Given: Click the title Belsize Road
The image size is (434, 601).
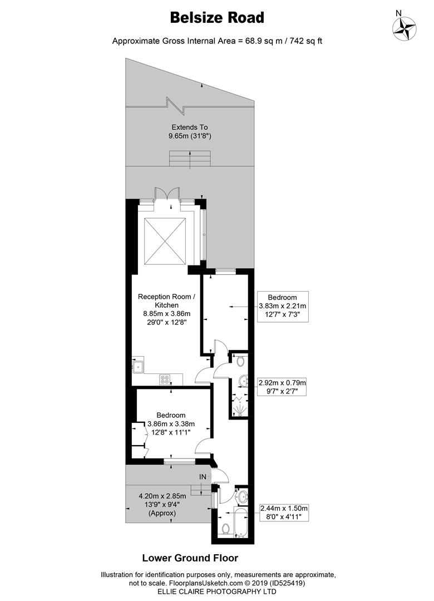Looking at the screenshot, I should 217,18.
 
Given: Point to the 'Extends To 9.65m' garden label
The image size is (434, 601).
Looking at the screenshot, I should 190,131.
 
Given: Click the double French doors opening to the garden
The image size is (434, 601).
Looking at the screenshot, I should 167,194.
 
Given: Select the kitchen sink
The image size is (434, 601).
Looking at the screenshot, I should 138,367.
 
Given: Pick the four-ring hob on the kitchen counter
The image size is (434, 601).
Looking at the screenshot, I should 165,380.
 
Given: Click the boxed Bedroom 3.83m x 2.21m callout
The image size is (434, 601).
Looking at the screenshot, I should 282,306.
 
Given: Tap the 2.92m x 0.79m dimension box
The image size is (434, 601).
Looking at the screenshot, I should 282,387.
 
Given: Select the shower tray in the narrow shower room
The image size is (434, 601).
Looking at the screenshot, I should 239,408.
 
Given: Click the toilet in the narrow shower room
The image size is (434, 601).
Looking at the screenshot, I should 240,361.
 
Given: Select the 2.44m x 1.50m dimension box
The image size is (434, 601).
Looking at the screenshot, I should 284,512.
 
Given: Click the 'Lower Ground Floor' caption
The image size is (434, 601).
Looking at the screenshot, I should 190,558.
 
